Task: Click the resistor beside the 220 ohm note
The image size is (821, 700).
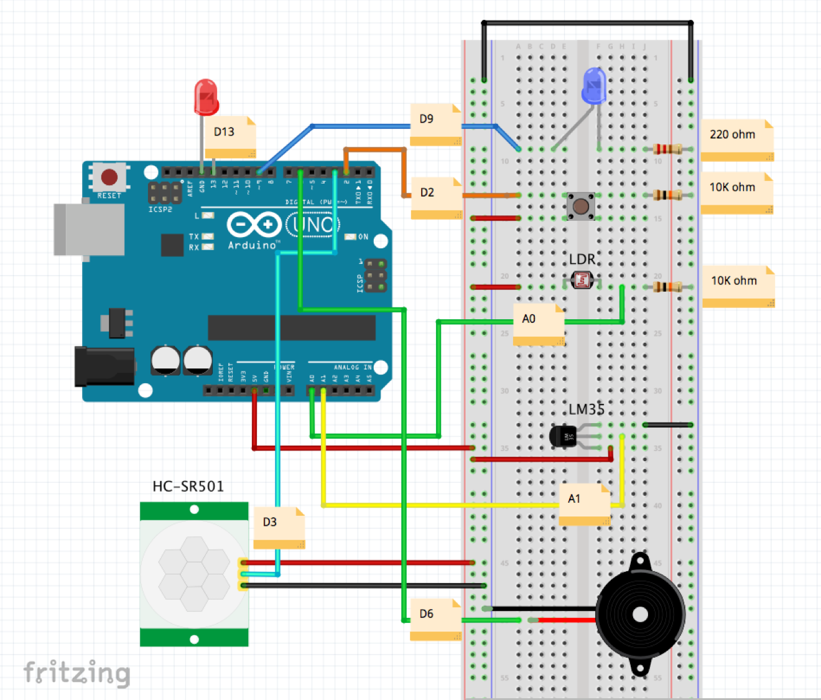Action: pyautogui.click(x=667, y=149)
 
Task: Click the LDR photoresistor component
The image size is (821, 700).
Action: pyautogui.click(x=582, y=281)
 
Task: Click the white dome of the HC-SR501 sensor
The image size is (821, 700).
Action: pyautogui.click(x=194, y=574)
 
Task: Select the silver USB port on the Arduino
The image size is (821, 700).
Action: pyautogui.click(x=88, y=229)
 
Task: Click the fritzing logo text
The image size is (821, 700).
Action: pyautogui.click(x=77, y=673)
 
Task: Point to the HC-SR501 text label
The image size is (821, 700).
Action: pyautogui.click(x=188, y=487)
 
